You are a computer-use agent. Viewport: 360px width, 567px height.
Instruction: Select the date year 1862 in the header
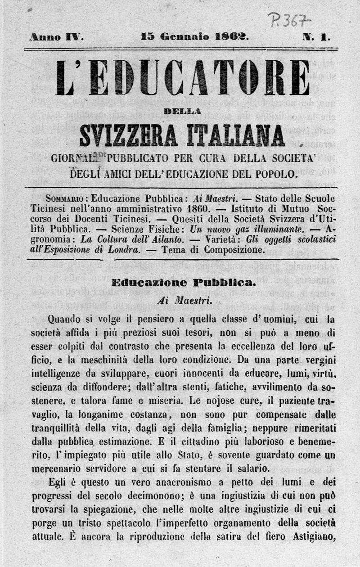[x=230, y=37]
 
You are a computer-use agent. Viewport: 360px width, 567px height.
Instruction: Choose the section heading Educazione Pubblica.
[x=183, y=283]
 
